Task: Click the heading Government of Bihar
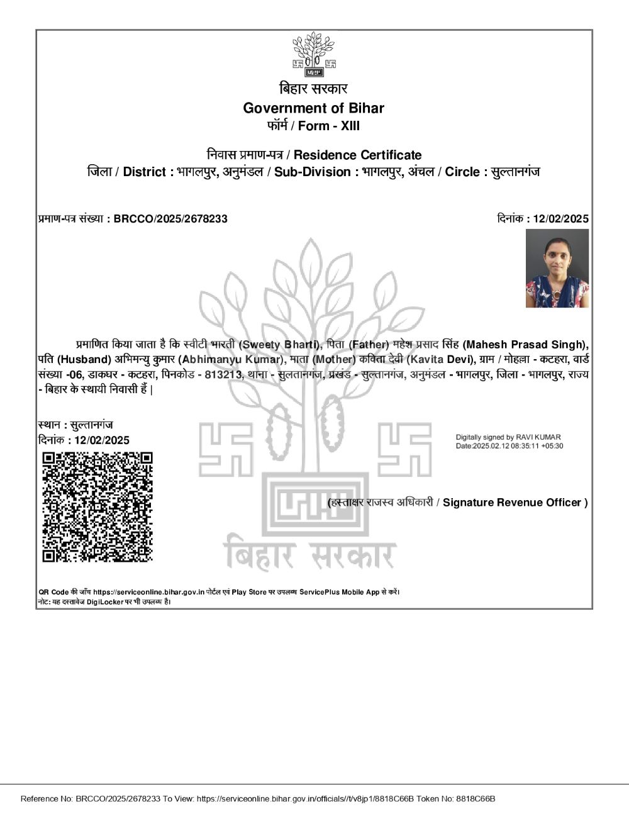click(x=313, y=108)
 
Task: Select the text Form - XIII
click(x=329, y=126)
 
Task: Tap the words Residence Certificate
click(x=357, y=155)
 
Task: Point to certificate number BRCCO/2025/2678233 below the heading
click(x=170, y=219)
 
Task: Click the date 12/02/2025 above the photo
click(x=560, y=219)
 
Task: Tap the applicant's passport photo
click(x=557, y=269)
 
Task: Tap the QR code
click(x=97, y=506)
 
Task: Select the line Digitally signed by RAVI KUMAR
click(x=508, y=437)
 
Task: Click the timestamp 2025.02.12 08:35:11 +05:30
click(x=518, y=446)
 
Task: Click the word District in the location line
click(x=145, y=172)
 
